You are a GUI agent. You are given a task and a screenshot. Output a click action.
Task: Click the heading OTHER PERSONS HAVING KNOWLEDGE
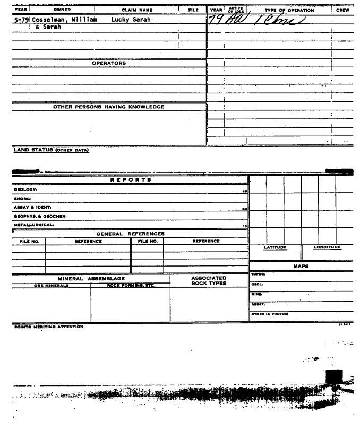click(109, 107)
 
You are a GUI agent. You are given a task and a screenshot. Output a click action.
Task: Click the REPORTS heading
click(130, 180)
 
